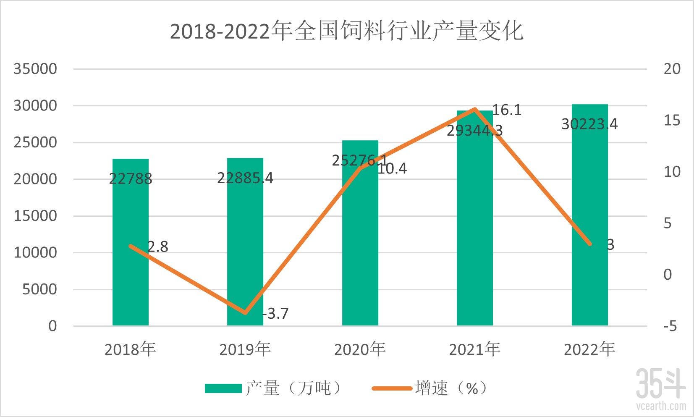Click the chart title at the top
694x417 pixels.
347,31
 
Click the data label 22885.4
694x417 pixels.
245,178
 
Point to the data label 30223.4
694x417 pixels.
589,124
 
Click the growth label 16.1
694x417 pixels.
506,110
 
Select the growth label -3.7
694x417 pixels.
276,314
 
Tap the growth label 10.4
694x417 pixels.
392,169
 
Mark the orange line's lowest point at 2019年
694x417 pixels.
246,312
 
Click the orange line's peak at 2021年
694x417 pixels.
475,109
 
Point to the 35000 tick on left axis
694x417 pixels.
35,69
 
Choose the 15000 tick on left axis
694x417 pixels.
35,216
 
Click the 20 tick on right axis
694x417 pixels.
672,69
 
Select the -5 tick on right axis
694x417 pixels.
670,326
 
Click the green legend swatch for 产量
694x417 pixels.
223,388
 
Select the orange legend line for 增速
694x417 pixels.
392,388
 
